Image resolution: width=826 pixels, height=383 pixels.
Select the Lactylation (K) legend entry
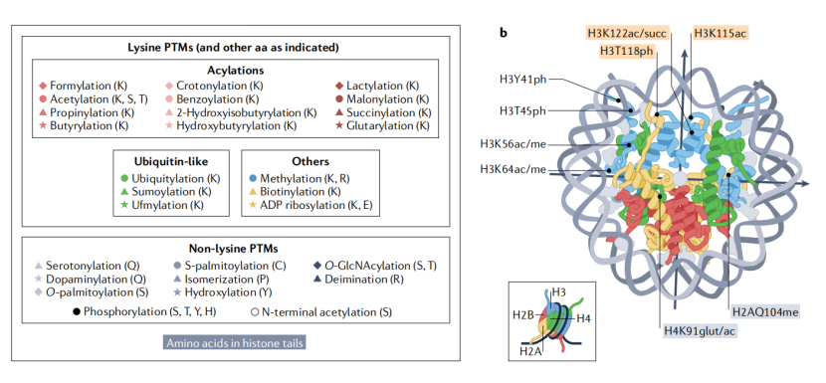[x=382, y=86]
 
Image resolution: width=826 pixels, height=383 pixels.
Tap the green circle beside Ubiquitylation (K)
[x=124, y=179]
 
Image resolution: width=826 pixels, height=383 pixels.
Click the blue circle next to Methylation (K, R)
[x=253, y=179]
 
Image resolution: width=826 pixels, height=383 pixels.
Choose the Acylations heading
[x=236, y=70]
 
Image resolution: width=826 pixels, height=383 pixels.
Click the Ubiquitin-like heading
[x=171, y=162]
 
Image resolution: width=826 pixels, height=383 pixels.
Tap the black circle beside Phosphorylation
[x=77, y=312]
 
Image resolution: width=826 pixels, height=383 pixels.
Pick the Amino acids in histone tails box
[x=235, y=343]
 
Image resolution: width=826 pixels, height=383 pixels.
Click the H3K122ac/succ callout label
[x=627, y=34]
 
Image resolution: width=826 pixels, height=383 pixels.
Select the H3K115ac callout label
[x=721, y=34]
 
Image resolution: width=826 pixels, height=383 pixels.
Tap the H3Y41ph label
[x=523, y=80]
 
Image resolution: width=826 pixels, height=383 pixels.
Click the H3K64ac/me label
[x=513, y=169]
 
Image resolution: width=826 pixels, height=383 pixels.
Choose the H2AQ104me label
[x=765, y=312]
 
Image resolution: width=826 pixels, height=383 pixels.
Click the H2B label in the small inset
[x=523, y=315]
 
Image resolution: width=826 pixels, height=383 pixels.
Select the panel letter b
[x=504, y=33]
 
